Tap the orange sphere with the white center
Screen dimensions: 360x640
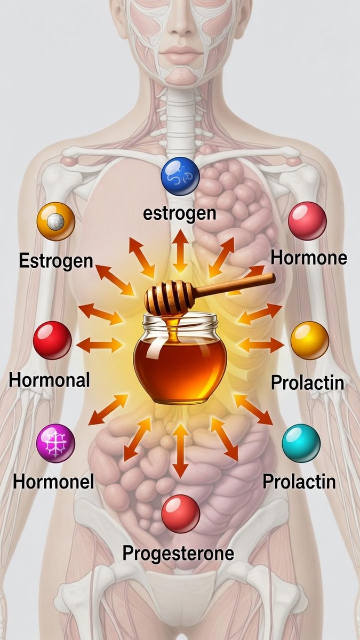coord(55,221)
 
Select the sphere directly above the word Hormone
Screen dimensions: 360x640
coord(307,221)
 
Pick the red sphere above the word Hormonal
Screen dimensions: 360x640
coord(52,340)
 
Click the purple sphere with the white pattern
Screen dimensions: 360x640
coord(55,443)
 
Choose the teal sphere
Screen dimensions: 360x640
coord(301,443)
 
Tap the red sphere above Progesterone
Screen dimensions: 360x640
coord(181,514)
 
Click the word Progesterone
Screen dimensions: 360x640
coord(178,553)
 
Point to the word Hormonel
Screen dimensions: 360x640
coord(53,482)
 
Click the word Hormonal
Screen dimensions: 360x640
coord(50,380)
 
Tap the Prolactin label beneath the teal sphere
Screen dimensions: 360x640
coord(299,482)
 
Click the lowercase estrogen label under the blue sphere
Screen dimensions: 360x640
coord(180,213)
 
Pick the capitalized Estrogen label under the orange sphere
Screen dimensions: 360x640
coord(56,261)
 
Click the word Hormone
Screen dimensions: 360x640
coord(309,259)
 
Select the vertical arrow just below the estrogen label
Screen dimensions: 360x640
coord(180,251)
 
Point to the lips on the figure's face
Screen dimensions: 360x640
coord(180,54)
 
